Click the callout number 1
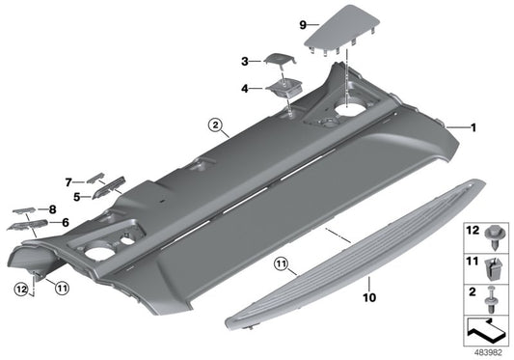click(x=473, y=126)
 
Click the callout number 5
click(x=75, y=196)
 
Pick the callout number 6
click(x=66, y=222)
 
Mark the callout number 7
click(x=68, y=181)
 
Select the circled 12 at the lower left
click(x=20, y=287)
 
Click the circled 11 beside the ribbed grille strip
click(x=281, y=263)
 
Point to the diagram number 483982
click(x=486, y=353)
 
